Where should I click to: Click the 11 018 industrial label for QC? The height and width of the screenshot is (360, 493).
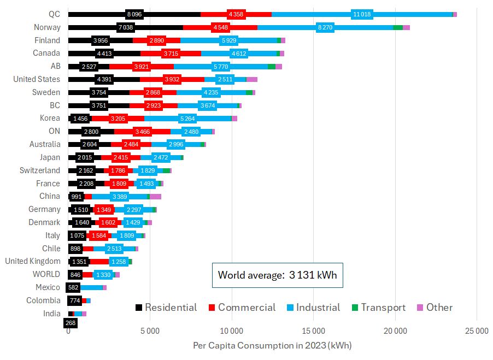362,14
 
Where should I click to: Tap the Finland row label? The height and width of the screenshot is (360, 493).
48,40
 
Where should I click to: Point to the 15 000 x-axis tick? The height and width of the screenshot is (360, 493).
313,332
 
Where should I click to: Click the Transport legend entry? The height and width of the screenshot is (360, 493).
377,308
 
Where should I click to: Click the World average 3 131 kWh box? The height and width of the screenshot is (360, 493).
277,275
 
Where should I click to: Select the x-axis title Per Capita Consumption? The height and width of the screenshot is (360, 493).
272,346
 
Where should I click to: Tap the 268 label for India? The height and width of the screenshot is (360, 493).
70,323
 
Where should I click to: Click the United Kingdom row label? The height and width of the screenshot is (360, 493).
33,261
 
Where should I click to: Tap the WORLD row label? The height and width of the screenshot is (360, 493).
46,274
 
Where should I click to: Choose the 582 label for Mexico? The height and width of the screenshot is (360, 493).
73,287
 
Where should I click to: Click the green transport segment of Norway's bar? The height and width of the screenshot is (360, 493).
397,27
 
